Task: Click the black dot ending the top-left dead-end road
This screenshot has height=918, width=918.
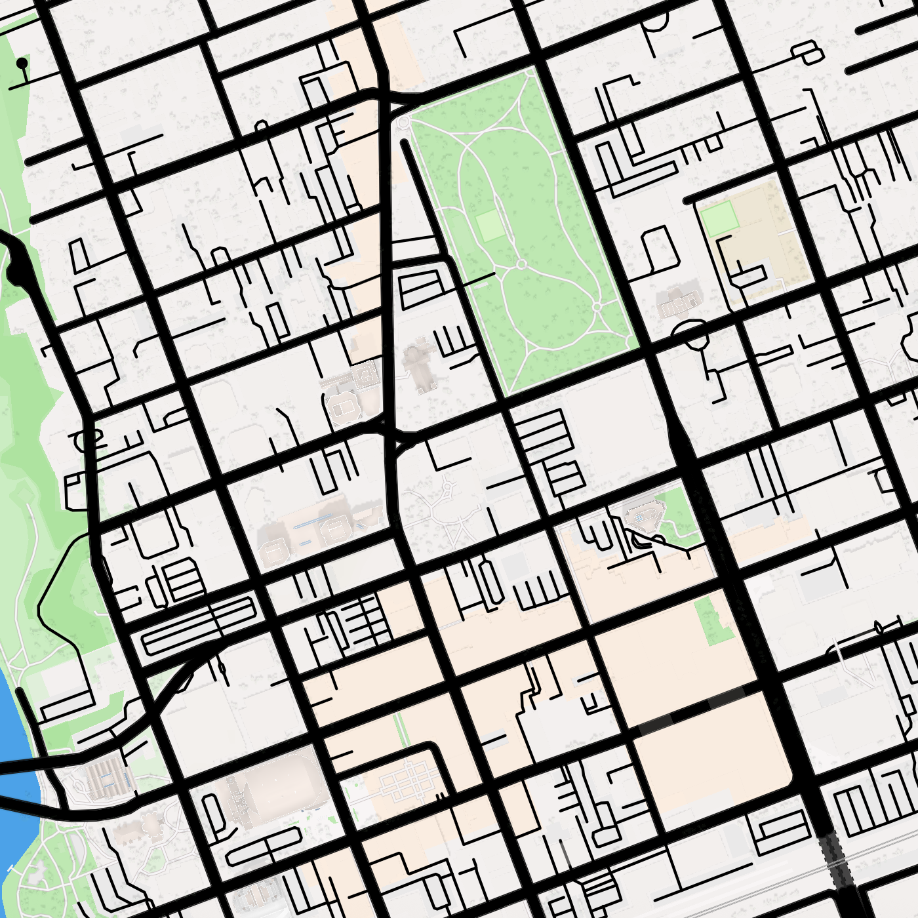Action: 22,63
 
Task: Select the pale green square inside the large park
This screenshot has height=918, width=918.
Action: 489,226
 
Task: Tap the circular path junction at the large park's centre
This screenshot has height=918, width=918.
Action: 521,264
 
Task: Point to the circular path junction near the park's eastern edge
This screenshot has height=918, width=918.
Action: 597,306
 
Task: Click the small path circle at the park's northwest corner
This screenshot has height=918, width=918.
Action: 403,123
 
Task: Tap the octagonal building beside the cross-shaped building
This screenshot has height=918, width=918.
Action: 342,408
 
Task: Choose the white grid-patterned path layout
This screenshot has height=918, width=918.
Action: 407,782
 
